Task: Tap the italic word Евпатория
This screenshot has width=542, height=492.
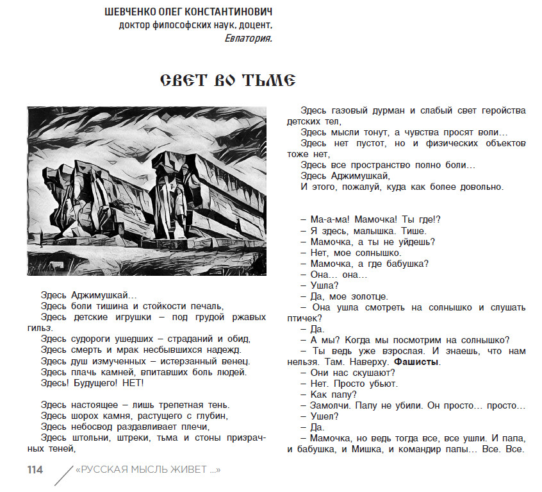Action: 249,38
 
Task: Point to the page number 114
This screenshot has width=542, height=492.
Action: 35,470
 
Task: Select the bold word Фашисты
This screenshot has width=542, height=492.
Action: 417,362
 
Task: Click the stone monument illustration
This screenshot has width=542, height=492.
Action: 146,191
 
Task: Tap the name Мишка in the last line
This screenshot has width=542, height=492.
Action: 365,449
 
